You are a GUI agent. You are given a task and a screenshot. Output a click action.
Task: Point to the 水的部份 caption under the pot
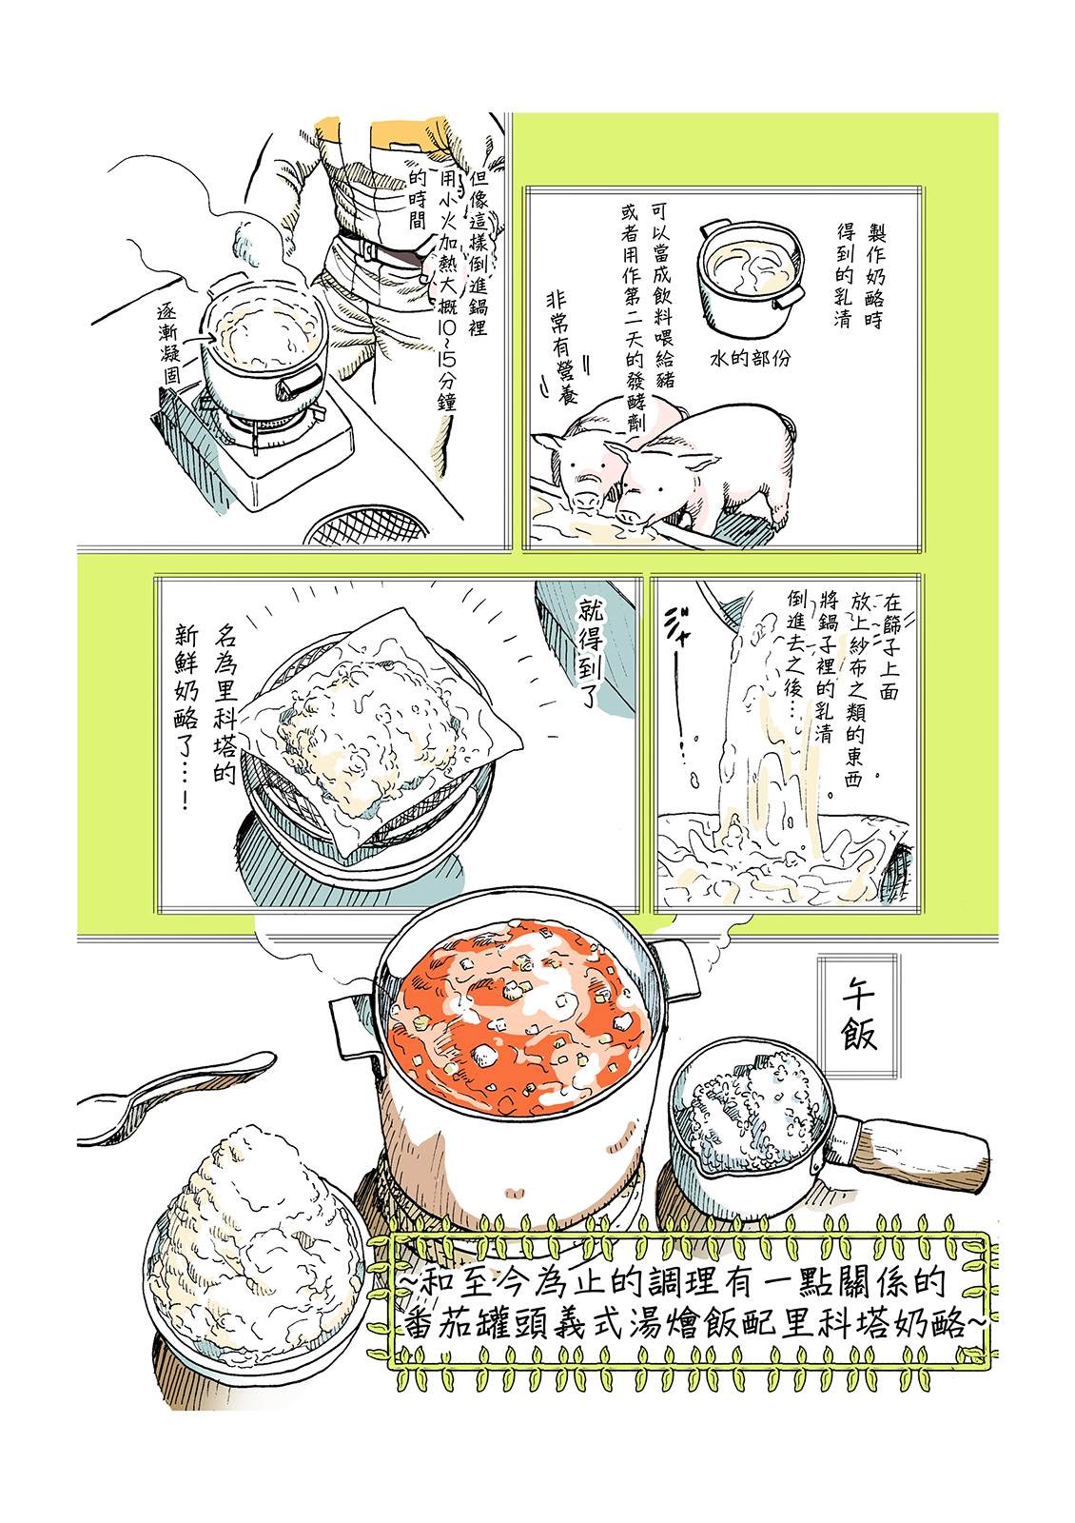(751, 358)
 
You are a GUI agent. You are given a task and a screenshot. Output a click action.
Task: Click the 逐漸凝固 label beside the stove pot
(167, 342)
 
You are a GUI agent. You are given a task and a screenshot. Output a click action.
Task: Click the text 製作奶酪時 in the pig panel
(875, 273)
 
